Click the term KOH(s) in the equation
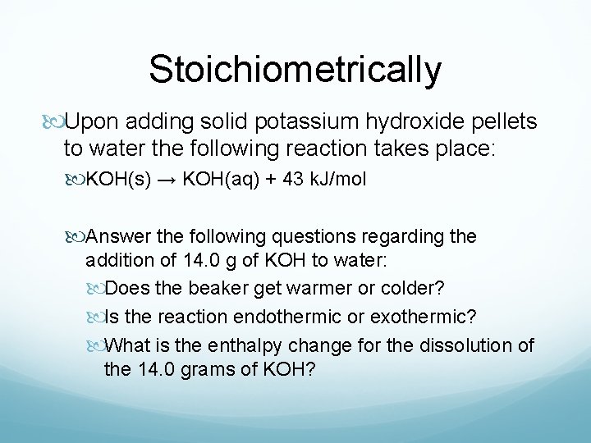(x=118, y=180)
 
